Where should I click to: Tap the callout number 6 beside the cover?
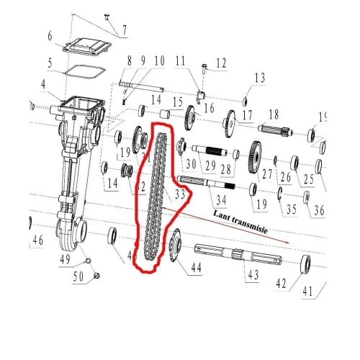point(49,36)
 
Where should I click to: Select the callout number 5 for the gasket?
point(50,63)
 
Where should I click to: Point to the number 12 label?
point(220,63)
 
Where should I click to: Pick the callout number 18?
point(273,114)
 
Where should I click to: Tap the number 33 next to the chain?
point(181,194)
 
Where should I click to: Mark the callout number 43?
point(251,275)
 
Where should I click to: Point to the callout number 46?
point(38,240)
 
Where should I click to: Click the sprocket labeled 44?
point(173,247)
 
